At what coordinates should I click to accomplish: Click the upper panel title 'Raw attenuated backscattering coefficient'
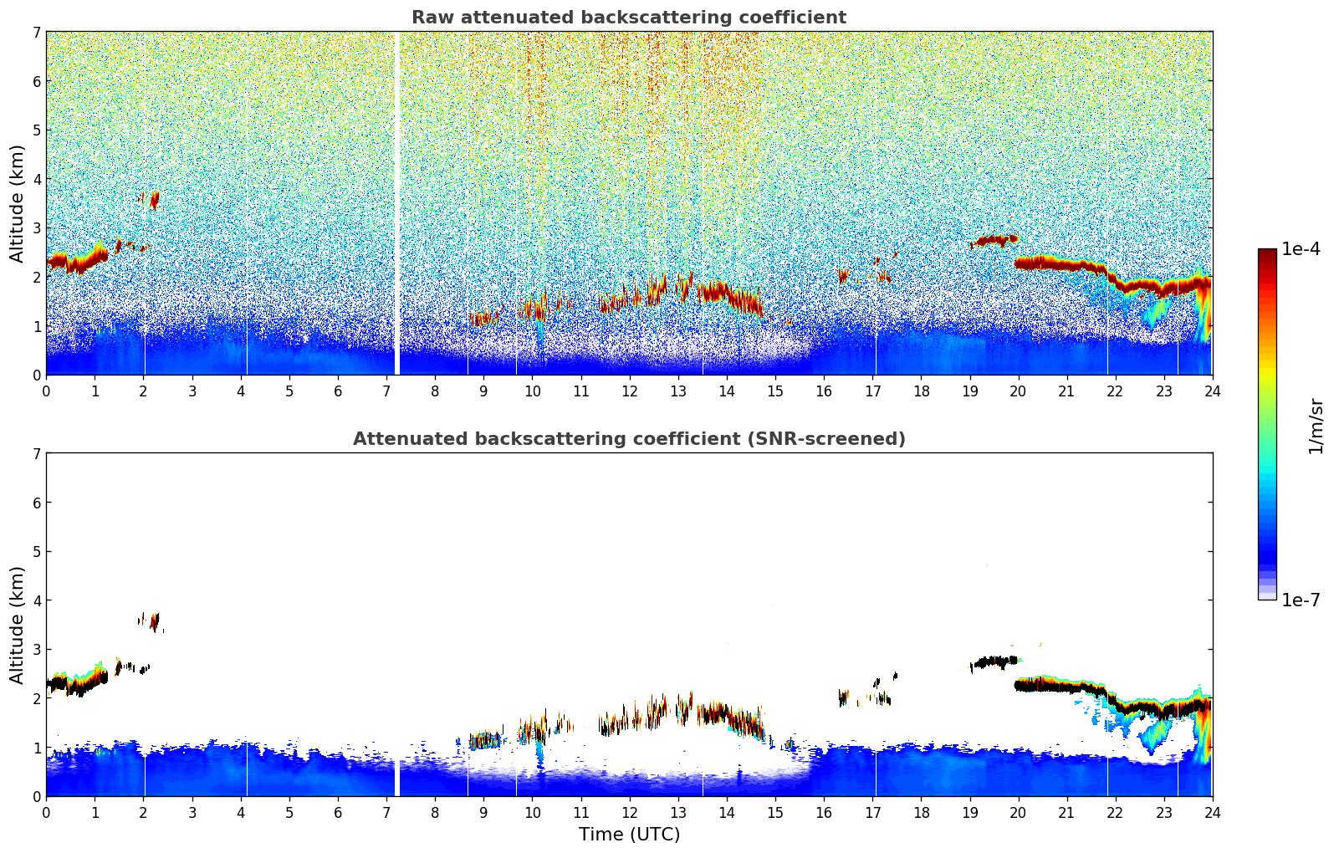(x=628, y=18)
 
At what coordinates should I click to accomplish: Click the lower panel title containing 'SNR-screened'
(x=628, y=439)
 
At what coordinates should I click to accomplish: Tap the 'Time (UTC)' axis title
(x=629, y=835)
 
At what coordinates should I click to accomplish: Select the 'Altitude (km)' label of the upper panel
(x=17, y=203)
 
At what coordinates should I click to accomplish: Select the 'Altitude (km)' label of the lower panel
(x=17, y=625)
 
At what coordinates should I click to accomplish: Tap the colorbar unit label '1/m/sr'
(x=1316, y=426)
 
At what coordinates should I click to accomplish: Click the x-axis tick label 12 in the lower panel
(x=629, y=812)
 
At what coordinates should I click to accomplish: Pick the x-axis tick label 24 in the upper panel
(x=1212, y=391)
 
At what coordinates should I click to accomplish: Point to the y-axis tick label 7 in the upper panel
(x=36, y=33)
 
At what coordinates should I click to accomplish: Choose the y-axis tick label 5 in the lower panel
(x=36, y=552)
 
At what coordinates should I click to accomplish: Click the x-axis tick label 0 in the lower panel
(x=46, y=812)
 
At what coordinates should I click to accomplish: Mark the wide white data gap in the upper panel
(x=396, y=201)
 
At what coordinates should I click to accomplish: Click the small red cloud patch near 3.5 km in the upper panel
(x=151, y=200)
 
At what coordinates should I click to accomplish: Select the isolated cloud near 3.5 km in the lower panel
(x=151, y=621)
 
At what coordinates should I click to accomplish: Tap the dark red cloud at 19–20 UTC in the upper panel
(x=995, y=241)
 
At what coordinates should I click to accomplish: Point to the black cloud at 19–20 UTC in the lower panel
(x=995, y=662)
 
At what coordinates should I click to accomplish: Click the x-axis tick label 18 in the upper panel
(x=921, y=391)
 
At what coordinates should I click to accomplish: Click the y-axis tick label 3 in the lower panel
(x=36, y=650)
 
